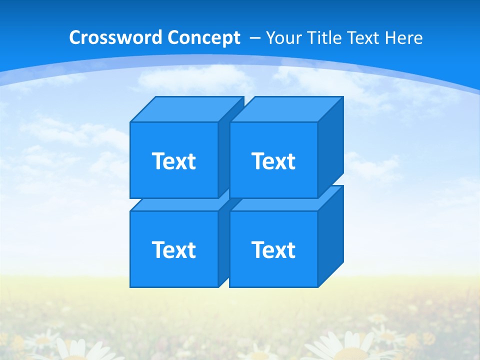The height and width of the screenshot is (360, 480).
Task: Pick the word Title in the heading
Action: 325,38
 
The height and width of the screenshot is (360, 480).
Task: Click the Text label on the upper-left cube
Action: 173,161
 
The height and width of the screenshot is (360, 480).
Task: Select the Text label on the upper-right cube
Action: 273,161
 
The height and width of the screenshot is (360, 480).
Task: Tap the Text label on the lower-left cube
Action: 173,249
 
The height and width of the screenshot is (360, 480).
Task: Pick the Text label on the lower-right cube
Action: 273,249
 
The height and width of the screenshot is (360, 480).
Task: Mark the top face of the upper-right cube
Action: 286,109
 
